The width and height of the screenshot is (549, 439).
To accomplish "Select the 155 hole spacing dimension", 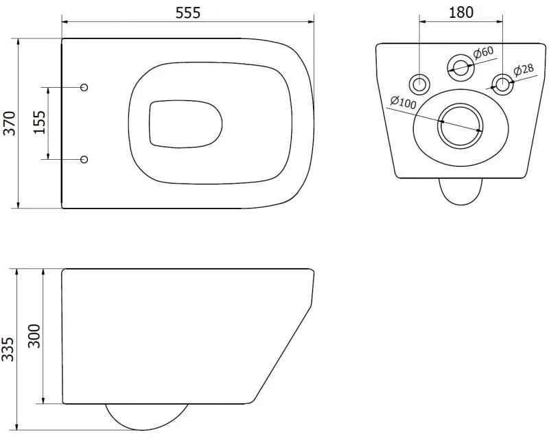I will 38,123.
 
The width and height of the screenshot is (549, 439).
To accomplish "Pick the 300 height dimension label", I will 36,336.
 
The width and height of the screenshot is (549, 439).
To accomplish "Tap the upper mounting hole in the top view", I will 84,88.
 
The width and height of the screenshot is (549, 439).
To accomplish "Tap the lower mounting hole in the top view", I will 84,159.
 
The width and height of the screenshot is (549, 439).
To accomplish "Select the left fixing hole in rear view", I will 419,84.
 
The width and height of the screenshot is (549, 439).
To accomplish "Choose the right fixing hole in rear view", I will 502,84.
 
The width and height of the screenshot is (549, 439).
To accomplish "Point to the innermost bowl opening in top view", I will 185,123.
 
